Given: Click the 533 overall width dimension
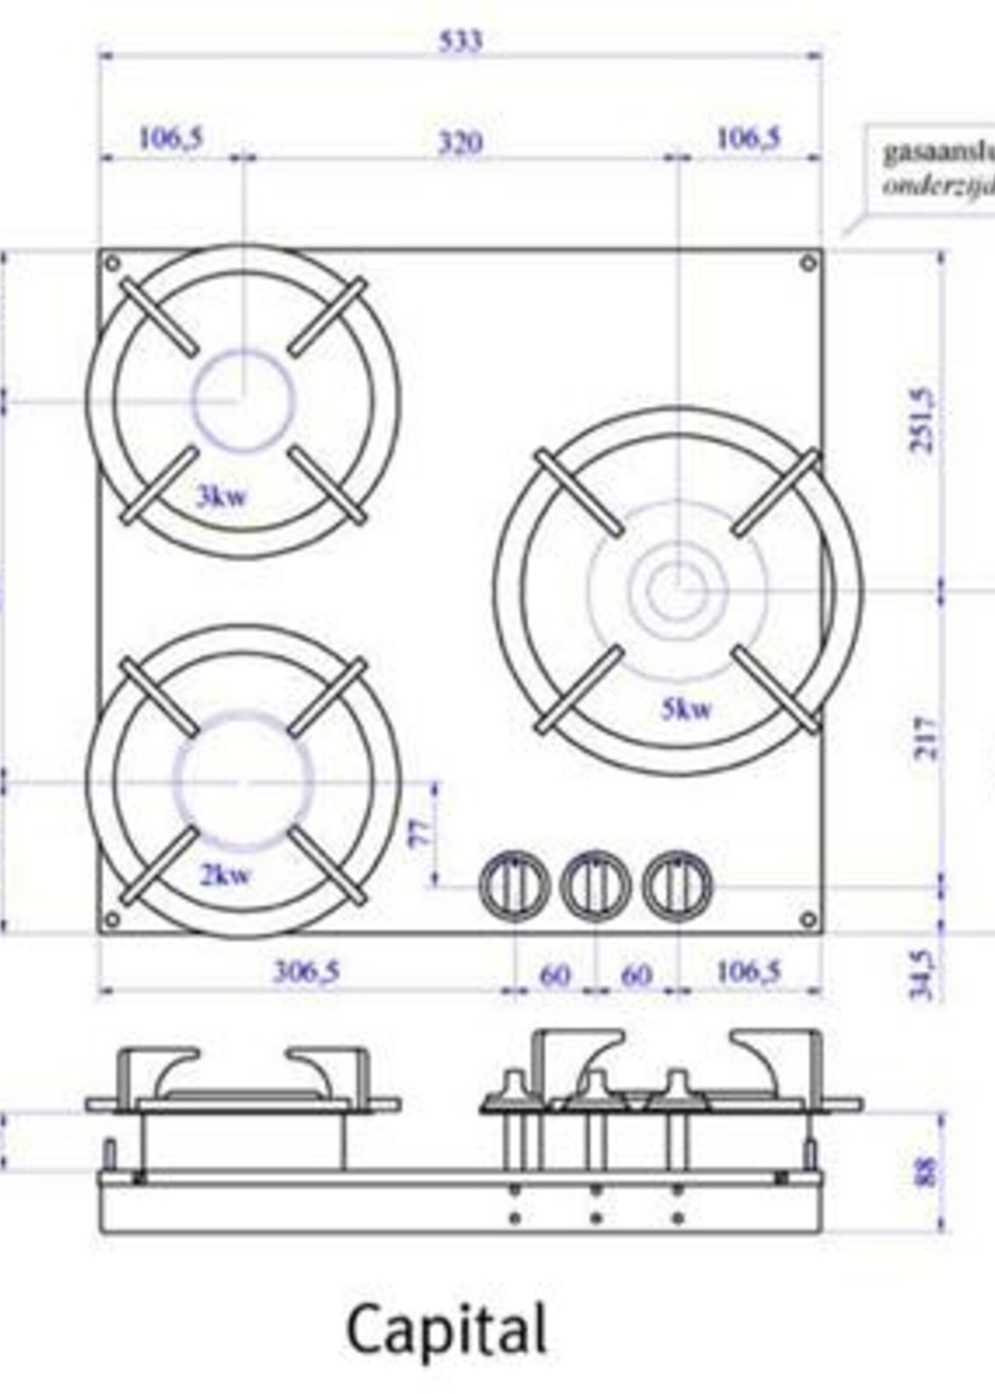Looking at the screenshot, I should pos(461,41).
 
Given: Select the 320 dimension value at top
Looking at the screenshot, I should pos(460,143).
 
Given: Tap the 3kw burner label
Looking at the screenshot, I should pos(221,496).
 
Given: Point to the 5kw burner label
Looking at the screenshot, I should pos(687,710).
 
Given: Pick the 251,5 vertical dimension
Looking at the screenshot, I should pos(922,421).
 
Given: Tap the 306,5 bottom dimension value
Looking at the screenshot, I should pos(306,972).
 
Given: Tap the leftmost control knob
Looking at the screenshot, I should pos(514,886).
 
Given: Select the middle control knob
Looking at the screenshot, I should pos(596,886).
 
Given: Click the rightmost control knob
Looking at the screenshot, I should pos(677,886).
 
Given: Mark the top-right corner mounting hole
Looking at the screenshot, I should pos(808,263).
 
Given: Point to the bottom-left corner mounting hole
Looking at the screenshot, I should pos(113,920).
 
